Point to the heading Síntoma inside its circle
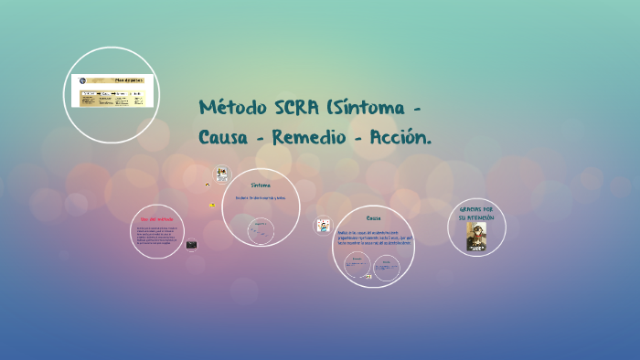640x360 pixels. pos(261,185)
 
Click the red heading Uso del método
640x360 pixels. pos(156,219)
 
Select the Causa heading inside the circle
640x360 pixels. pos(373,218)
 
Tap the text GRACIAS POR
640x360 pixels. pos(476,210)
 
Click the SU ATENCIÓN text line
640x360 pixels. pos(476,218)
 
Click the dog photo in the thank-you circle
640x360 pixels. pos(476,237)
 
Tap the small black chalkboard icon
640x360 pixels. pos(192,245)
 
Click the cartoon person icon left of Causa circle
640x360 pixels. pos(323,225)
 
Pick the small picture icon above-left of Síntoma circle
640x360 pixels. pos(221,174)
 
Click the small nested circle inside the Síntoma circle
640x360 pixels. pos(261,228)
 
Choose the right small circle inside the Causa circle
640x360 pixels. pos(388,267)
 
